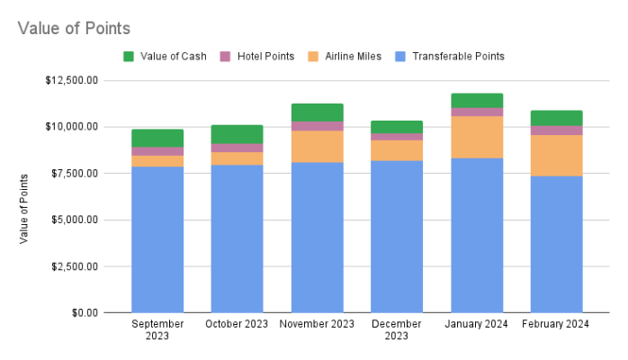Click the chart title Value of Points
(74, 28)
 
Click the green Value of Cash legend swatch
(129, 56)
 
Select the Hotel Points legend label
(265, 56)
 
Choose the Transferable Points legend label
(458, 56)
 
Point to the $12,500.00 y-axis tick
(72, 80)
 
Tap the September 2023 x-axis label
(157, 329)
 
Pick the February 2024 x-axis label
(556, 324)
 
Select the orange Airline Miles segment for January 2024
(476, 137)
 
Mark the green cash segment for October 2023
(237, 134)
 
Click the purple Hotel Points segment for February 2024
(556, 130)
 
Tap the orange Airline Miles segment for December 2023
(397, 150)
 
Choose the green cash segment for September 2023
(157, 138)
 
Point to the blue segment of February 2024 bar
(556, 244)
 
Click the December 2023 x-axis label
(397, 329)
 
